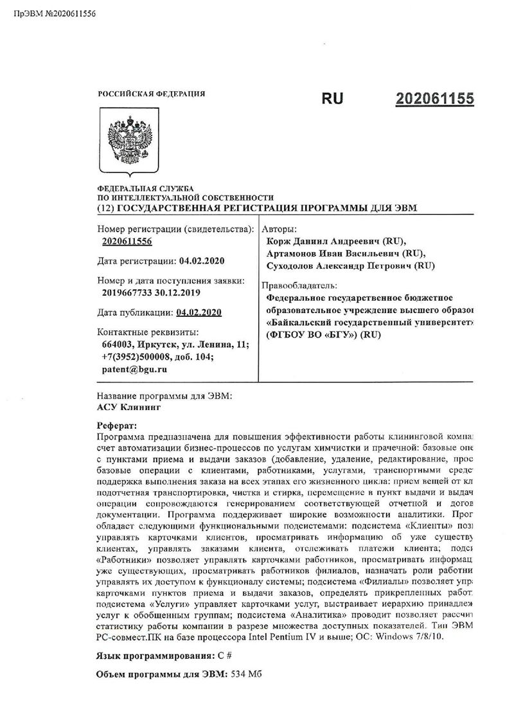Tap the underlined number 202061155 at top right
tap(435, 100)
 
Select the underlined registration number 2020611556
tap(127, 242)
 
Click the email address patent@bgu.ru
tap(134, 369)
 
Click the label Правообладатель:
tap(300, 285)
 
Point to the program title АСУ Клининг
tap(125, 407)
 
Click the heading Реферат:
tap(116, 426)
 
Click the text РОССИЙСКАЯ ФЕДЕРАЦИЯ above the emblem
tap(152, 94)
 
